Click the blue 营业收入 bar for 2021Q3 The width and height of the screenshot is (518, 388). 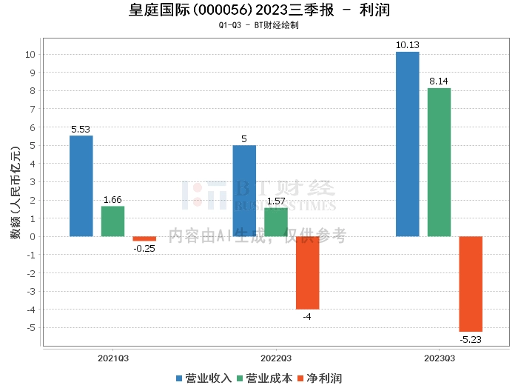click(81, 186)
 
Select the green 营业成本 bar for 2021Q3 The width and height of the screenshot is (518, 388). click(112, 221)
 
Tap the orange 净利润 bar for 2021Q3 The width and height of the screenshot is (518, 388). click(144, 238)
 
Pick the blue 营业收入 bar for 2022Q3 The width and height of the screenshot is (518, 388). click(244, 191)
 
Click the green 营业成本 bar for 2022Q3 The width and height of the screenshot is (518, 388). click(276, 222)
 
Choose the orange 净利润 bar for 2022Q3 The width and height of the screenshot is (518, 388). click(307, 272)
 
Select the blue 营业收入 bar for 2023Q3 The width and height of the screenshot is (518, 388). click(408, 144)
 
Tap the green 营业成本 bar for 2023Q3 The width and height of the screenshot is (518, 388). click(439, 162)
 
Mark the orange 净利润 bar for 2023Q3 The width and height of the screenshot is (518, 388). click(471, 284)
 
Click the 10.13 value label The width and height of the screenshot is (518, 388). click(408, 45)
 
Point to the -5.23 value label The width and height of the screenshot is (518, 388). click(471, 339)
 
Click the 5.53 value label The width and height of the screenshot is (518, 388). click(81, 129)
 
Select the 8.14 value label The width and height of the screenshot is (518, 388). click(439, 81)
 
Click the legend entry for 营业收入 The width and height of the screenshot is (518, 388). click(203, 378)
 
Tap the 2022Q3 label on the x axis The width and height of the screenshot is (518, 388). click(275, 357)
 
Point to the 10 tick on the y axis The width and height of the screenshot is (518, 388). click(30, 55)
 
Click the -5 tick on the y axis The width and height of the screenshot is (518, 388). click(31, 327)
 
